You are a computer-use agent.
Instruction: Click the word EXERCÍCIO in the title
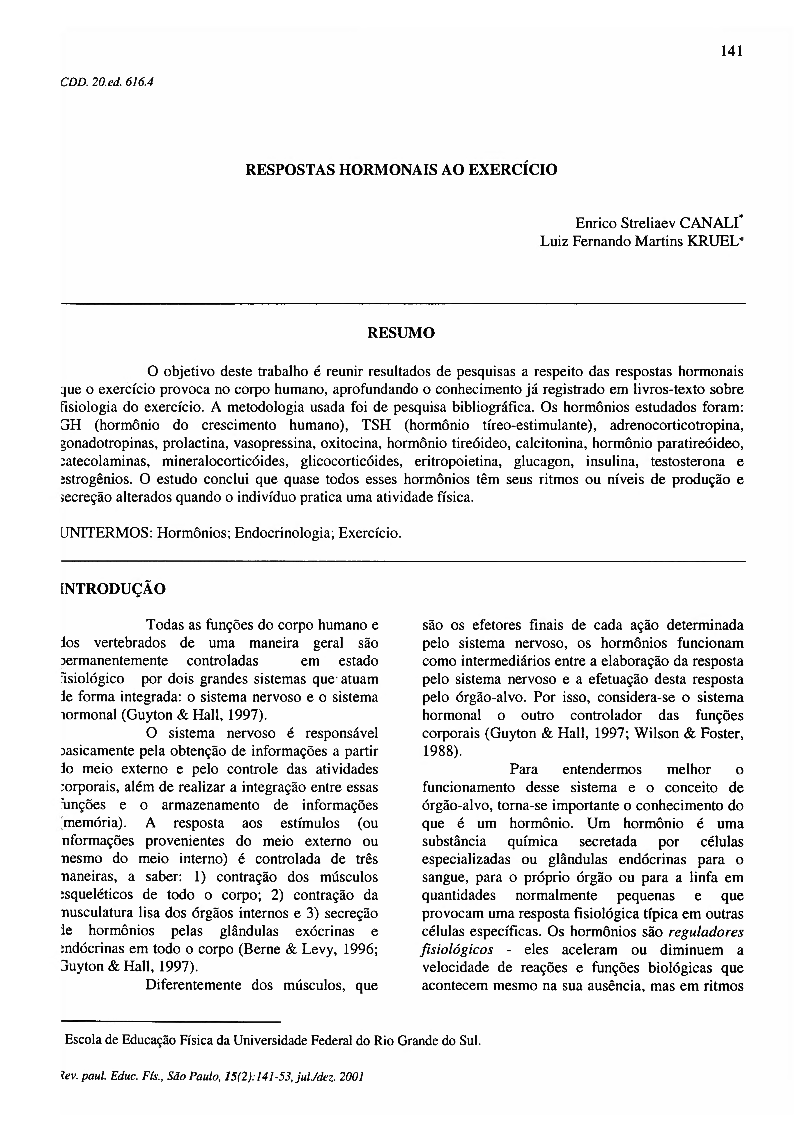click(x=514, y=170)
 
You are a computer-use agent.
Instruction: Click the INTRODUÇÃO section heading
click(x=113, y=590)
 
